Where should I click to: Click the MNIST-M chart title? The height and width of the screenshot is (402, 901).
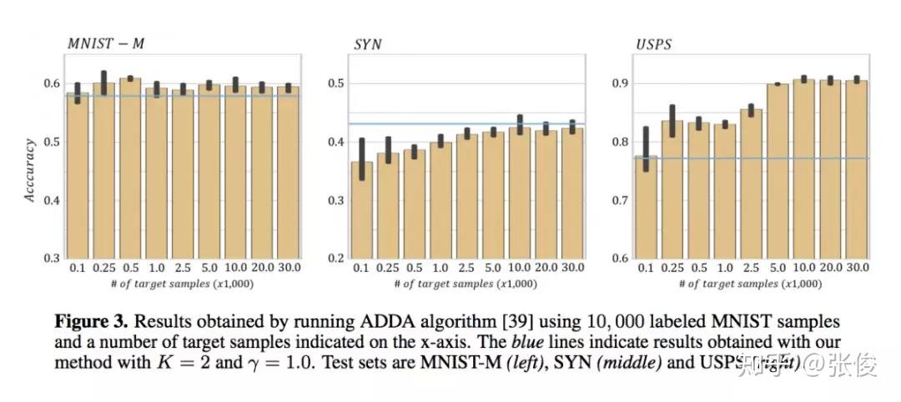point(105,43)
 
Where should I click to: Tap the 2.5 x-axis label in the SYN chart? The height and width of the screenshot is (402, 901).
point(467,269)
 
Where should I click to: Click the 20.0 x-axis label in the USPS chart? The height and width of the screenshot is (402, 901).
point(829,269)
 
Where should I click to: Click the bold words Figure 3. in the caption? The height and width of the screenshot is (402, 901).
point(90,322)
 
